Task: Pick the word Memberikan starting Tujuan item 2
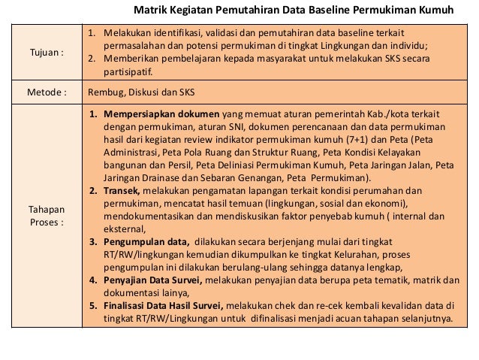coord(130,60)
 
